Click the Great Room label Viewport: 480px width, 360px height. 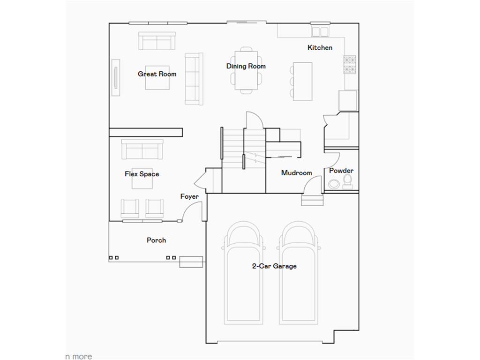coord(157,74)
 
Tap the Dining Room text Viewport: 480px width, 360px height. coord(246,66)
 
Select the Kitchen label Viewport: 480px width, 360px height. coord(320,47)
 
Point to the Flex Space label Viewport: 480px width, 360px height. coord(142,174)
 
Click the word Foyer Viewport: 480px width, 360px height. coord(189,196)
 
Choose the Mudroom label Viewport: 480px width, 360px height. coord(296,173)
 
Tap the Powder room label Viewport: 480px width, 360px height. coord(341,171)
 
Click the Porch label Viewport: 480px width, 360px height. coord(156,240)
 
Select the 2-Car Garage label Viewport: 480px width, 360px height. coord(274,266)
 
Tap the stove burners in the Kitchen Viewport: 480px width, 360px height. coord(350,65)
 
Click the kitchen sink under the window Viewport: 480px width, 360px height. coord(320,31)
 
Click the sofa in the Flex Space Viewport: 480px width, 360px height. coord(142,149)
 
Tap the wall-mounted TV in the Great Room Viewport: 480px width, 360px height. coord(115,78)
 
